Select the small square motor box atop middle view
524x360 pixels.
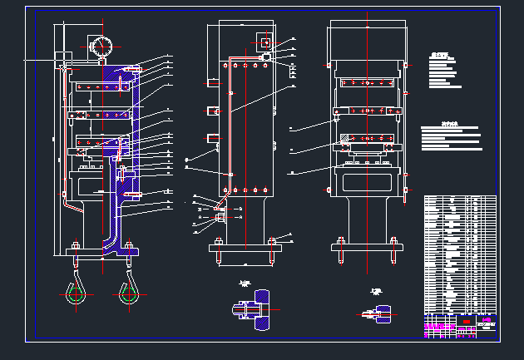point(265,42)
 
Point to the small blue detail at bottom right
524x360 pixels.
point(383,313)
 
